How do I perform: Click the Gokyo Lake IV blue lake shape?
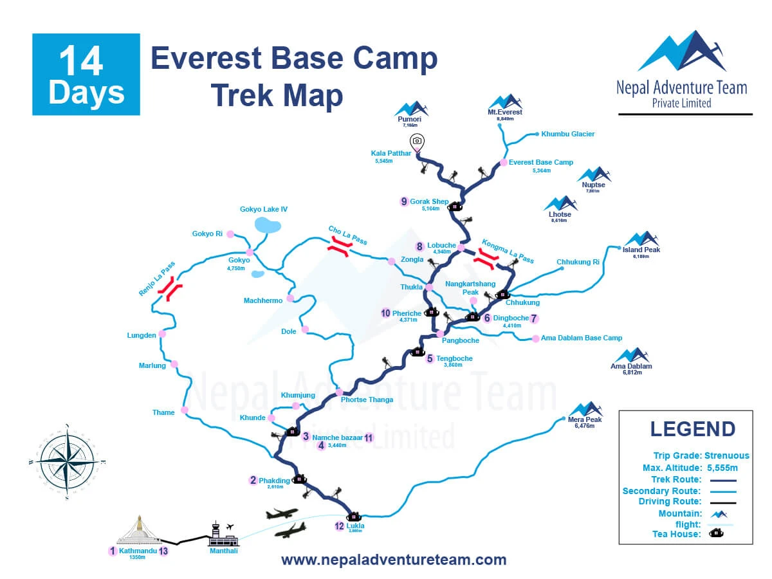(x=268, y=225)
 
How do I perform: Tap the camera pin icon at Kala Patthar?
(x=417, y=142)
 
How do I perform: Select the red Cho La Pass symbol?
(x=338, y=248)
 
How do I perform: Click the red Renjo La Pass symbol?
(x=171, y=289)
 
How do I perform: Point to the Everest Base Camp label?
(x=540, y=163)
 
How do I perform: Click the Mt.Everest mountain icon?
(x=505, y=102)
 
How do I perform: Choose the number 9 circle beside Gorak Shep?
(x=404, y=201)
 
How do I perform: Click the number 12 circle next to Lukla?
(x=340, y=526)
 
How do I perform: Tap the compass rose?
(x=67, y=461)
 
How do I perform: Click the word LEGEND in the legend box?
(x=692, y=429)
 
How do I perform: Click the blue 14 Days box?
(x=86, y=75)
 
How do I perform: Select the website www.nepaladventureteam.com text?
(x=394, y=560)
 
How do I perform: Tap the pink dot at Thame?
(x=185, y=410)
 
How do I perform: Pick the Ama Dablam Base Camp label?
(x=582, y=338)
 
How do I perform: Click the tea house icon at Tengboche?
(x=417, y=352)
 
